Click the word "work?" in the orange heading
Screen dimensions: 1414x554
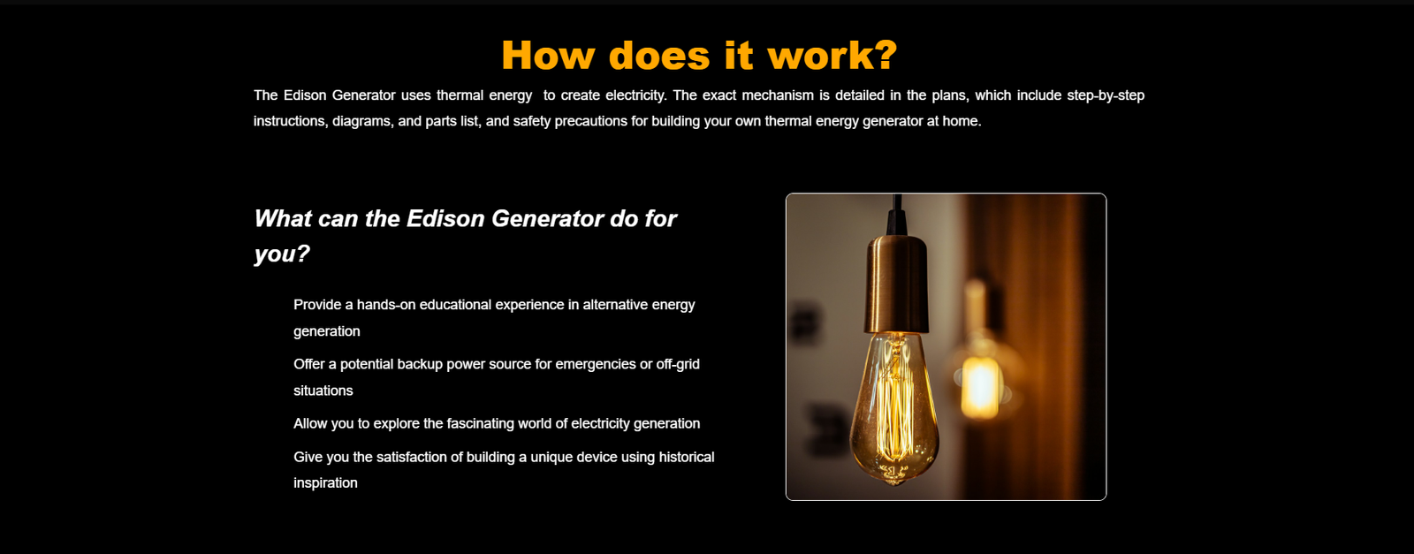(x=832, y=55)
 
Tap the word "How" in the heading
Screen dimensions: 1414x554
(x=548, y=55)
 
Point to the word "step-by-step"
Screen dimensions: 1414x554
(x=1106, y=95)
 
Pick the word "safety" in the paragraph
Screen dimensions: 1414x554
(x=531, y=121)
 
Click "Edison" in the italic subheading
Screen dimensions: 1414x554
(x=445, y=218)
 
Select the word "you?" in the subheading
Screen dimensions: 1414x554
(x=282, y=254)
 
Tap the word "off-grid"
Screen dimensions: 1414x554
(x=678, y=364)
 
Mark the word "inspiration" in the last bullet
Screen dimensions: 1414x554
(x=325, y=482)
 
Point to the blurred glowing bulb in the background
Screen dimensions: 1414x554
(x=980, y=385)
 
